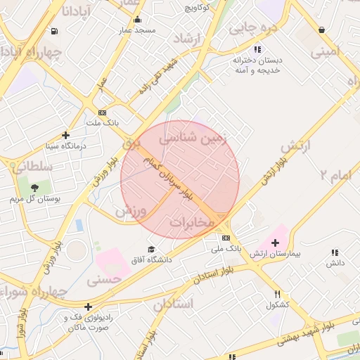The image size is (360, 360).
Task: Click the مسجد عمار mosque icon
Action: coord(136,20)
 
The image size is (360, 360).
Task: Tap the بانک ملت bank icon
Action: coord(103,112)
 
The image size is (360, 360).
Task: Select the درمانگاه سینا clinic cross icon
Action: coord(65,135)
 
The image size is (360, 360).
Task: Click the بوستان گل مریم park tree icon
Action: coord(34,186)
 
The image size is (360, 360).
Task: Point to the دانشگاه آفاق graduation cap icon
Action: coord(150,250)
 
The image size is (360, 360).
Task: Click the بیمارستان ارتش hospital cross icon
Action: coord(275,243)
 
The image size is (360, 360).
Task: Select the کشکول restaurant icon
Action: coord(277,294)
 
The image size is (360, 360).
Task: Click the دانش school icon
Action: coord(334,252)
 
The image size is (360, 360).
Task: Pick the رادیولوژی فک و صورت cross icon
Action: coord(87,307)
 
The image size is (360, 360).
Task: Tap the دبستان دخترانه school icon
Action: coord(257,49)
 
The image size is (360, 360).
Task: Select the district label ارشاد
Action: coord(187,39)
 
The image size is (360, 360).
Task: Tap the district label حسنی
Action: coord(104,279)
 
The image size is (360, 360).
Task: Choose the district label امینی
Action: coord(326,51)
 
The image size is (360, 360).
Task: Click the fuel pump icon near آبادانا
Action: coord(55,32)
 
